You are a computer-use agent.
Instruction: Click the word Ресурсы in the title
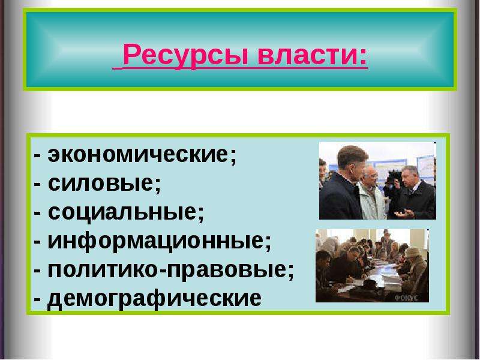point(186,55)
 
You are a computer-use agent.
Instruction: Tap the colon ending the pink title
point(362,57)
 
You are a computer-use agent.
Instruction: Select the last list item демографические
point(154,298)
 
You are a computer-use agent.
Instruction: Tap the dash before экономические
point(38,155)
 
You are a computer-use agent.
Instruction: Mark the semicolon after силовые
point(157,186)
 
